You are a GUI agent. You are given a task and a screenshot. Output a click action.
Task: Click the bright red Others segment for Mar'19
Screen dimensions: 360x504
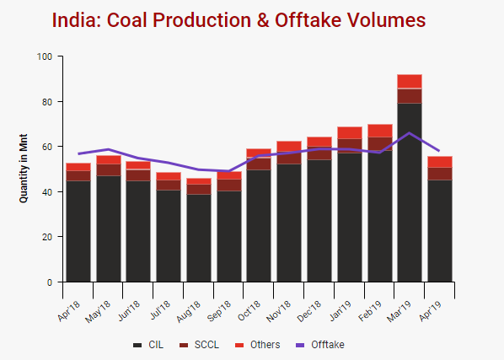[410, 81]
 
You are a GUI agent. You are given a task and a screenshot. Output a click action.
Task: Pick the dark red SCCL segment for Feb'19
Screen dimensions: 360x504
[379, 143]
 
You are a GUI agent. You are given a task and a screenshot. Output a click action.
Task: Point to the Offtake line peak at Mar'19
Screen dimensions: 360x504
[410, 133]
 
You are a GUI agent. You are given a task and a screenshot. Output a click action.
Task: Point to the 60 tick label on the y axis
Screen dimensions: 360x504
[47, 147]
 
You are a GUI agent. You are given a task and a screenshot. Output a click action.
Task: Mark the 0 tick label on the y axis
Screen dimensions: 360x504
[50, 282]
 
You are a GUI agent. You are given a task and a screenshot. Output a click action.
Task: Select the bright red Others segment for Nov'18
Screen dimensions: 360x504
[289, 147]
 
